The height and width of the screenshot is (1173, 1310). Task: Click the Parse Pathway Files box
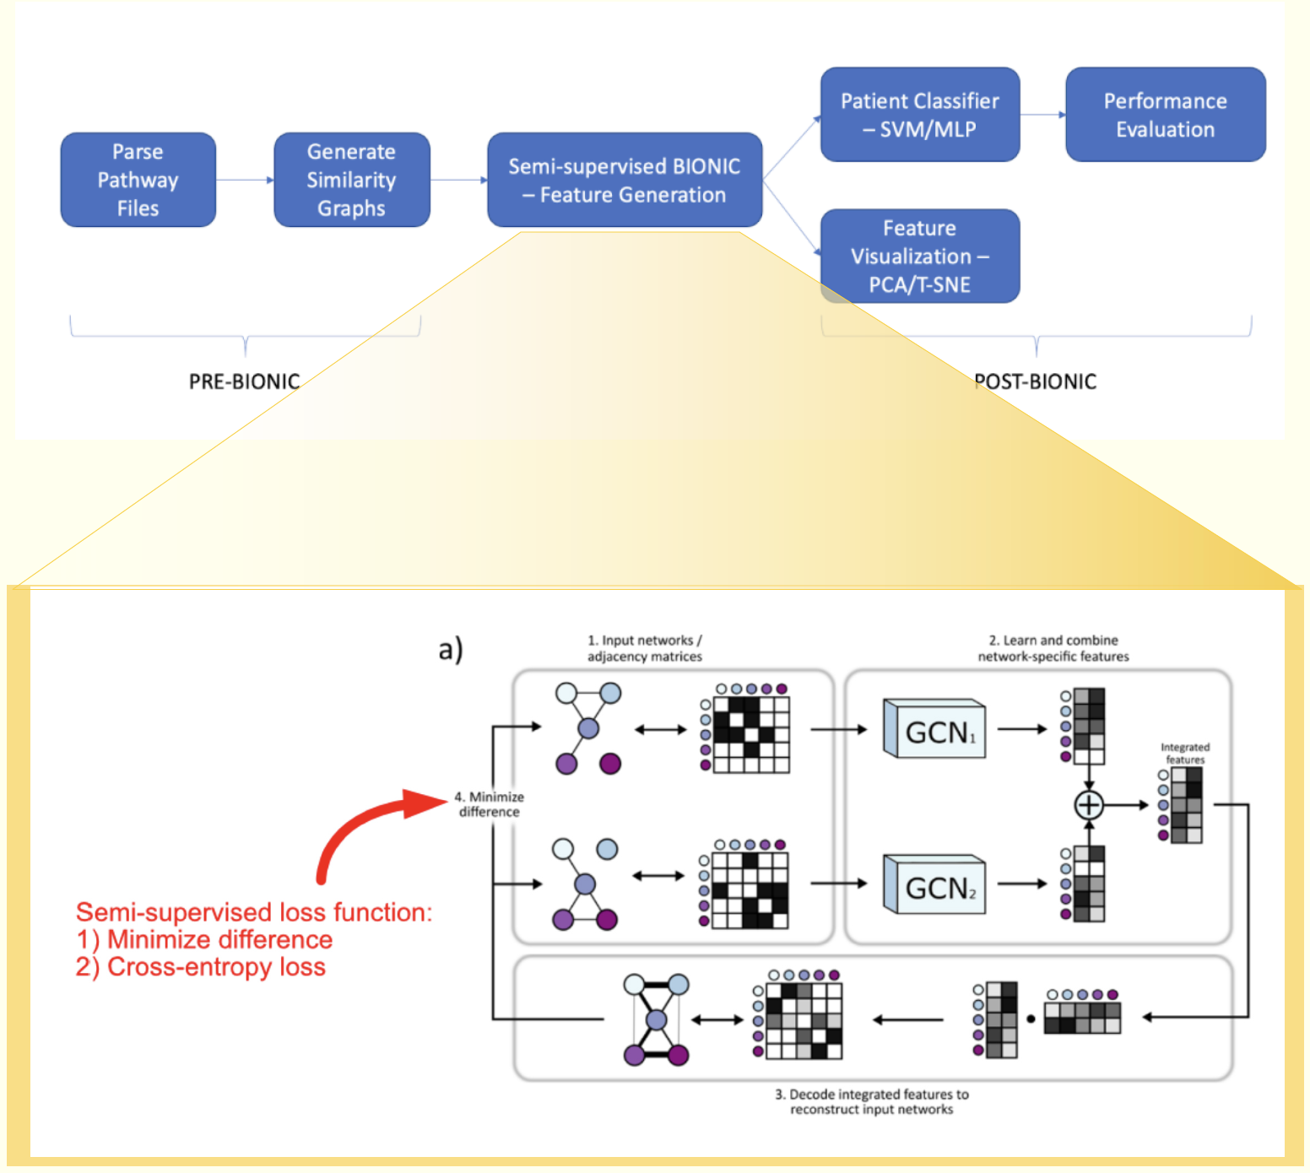pyautogui.click(x=138, y=180)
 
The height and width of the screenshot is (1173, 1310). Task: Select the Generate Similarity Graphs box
pyautogui.click(x=351, y=180)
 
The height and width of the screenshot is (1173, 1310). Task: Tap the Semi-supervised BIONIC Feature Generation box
pyautogui.click(x=625, y=180)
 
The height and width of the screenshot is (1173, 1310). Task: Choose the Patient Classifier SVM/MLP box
pyautogui.click(x=919, y=115)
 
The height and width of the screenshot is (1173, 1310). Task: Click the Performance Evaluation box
pyautogui.click(x=1165, y=115)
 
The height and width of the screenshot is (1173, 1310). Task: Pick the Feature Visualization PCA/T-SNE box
pyautogui.click(x=919, y=256)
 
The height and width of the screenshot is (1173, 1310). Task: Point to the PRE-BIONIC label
pyautogui.click(x=244, y=381)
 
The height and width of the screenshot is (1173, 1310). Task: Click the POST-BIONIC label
pyautogui.click(x=1036, y=381)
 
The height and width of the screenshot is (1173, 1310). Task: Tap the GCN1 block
pyautogui.click(x=935, y=730)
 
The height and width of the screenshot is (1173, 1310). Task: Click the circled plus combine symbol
pyautogui.click(x=1088, y=805)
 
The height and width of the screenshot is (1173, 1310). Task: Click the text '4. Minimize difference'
pyautogui.click(x=489, y=804)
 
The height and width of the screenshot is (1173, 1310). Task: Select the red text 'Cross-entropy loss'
pyautogui.click(x=216, y=967)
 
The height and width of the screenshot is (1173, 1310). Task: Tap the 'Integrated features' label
pyautogui.click(x=1184, y=754)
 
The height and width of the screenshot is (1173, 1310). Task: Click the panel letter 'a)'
pyautogui.click(x=451, y=649)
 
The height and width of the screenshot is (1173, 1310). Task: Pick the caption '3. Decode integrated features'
pyautogui.click(x=872, y=1101)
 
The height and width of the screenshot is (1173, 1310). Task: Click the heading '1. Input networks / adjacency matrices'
pyautogui.click(x=645, y=648)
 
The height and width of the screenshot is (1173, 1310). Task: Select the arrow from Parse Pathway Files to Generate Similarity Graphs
pyautogui.click(x=245, y=180)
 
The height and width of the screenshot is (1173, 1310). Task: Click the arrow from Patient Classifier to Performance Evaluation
pyautogui.click(x=1042, y=115)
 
